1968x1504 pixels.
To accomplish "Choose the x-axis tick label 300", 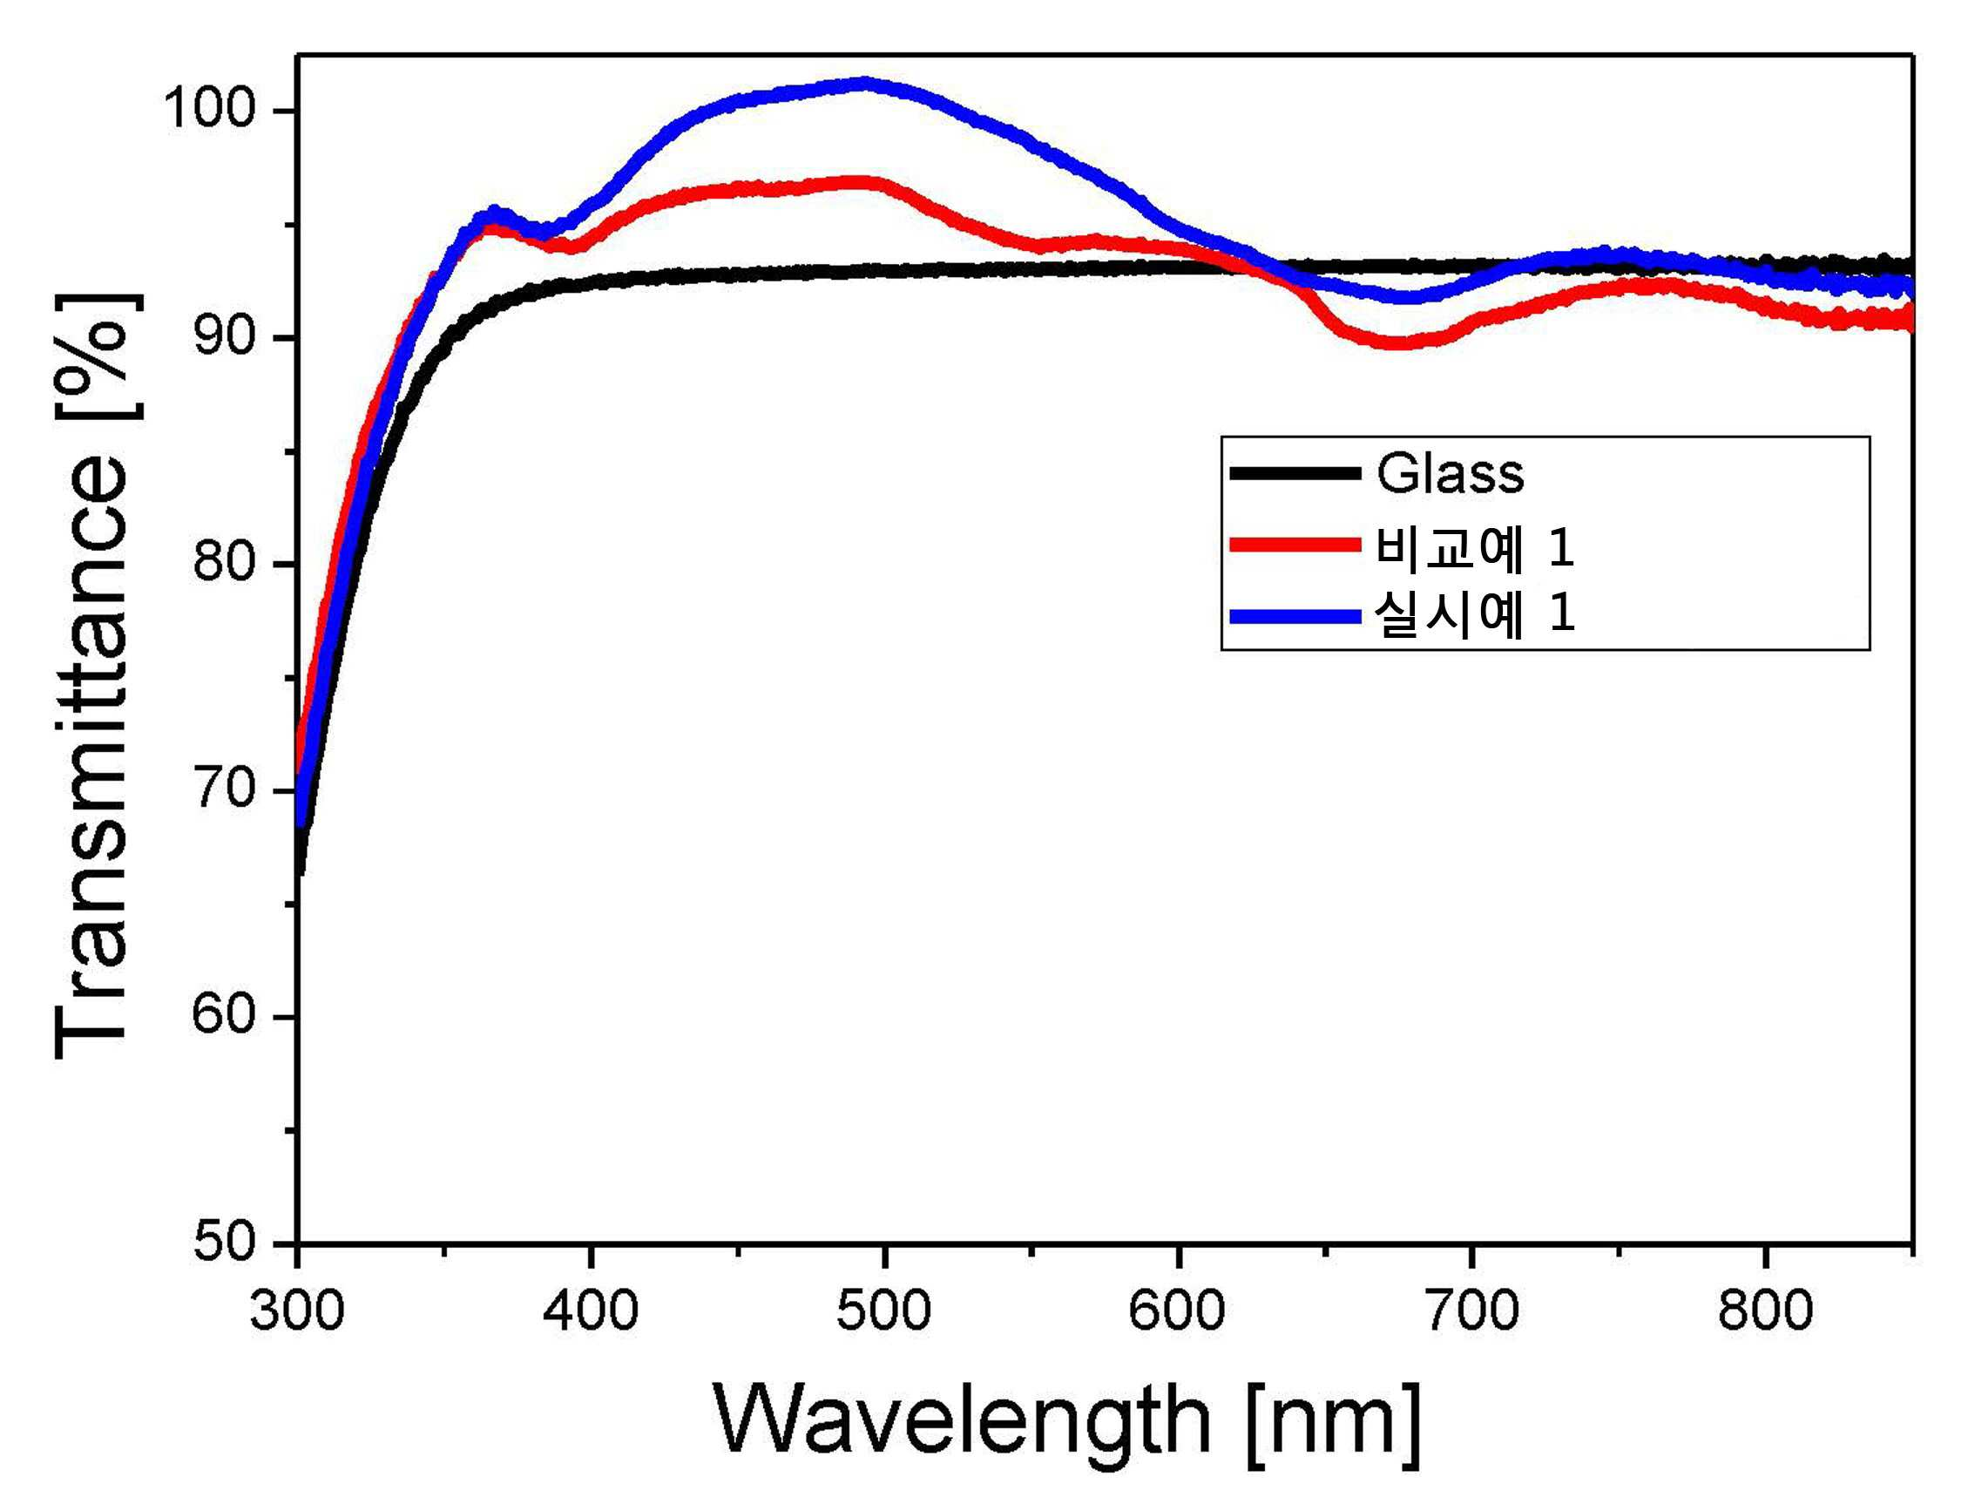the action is click(x=297, y=1311).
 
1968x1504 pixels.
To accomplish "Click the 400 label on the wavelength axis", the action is click(x=591, y=1311).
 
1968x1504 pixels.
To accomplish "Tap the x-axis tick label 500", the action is click(x=884, y=1311).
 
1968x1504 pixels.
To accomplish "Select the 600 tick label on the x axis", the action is click(x=1178, y=1311).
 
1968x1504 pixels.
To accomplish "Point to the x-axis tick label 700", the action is click(x=1471, y=1311).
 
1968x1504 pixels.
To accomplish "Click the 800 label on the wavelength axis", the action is click(x=1765, y=1311).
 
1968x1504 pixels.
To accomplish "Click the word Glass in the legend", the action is click(x=1450, y=472).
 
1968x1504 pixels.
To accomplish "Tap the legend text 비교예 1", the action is click(x=1475, y=546).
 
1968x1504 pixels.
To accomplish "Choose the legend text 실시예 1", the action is click(x=1475, y=615).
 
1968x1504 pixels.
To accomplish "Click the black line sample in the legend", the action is click(x=1295, y=472).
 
